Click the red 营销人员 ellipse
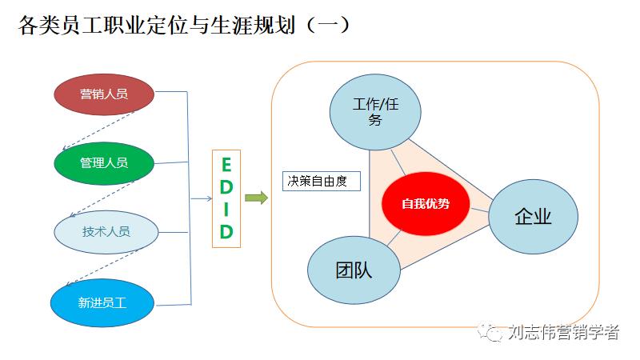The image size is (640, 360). pos(103,94)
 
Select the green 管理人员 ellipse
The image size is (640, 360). pos(103,162)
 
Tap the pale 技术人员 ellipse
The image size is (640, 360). pos(105,231)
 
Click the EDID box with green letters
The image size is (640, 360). pos(226,198)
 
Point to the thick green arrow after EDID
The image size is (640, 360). pos(256,198)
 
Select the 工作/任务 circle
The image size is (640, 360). pos(375,113)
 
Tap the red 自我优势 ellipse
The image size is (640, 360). pos(425,203)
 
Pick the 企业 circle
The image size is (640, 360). pos(533,216)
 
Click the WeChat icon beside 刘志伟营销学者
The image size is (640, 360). pos(490,332)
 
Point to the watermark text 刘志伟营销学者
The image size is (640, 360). pos(563,332)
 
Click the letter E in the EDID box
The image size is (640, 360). pos(226,165)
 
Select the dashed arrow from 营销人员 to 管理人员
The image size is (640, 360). pos(98,129)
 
